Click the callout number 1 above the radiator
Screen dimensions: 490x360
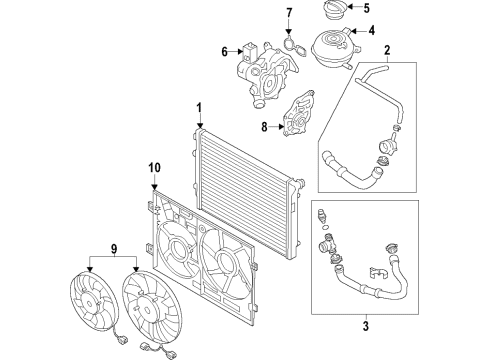(x=199, y=109)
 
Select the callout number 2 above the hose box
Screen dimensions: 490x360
(x=387, y=51)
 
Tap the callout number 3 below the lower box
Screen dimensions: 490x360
(x=366, y=326)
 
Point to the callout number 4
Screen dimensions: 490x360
(x=371, y=31)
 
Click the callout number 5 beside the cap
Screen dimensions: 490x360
(x=366, y=8)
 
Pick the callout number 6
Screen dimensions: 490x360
(x=225, y=52)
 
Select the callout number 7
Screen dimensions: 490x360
(x=289, y=13)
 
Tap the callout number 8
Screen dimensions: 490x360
(x=264, y=127)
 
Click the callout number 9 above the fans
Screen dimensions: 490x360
(x=113, y=248)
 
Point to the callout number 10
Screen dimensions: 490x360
(x=155, y=168)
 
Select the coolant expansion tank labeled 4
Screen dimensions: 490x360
(x=335, y=48)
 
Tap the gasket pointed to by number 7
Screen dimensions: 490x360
(x=295, y=48)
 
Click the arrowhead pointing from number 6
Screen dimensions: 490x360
(x=241, y=51)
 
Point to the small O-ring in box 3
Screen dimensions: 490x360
(x=325, y=228)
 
